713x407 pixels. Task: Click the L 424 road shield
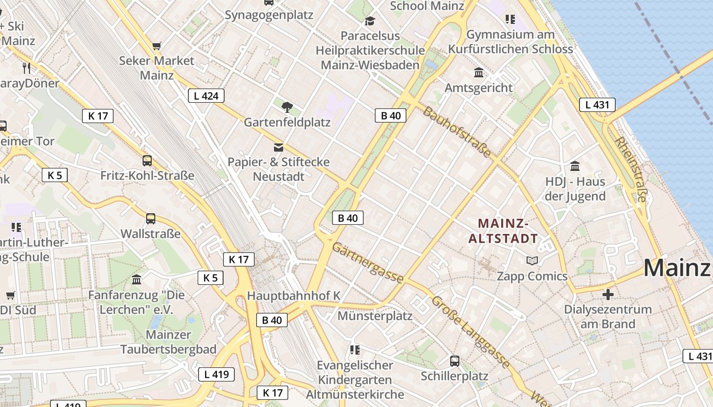click(x=206, y=95)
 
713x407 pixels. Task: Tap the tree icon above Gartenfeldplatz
click(x=287, y=107)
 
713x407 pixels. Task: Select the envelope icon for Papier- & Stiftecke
click(x=279, y=148)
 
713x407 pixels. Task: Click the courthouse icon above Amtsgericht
click(x=479, y=73)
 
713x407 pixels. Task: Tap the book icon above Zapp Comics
click(x=532, y=261)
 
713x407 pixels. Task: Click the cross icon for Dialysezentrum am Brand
click(x=608, y=294)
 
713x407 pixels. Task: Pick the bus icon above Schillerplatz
click(x=455, y=361)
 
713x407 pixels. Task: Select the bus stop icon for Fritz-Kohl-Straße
click(x=147, y=161)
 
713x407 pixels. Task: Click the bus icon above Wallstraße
click(x=151, y=219)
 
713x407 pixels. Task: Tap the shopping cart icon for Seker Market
click(x=157, y=46)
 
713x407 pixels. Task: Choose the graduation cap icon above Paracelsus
click(x=369, y=21)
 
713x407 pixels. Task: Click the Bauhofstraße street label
click(x=457, y=132)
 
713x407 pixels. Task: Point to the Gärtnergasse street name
click(x=368, y=263)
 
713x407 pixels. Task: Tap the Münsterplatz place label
click(x=375, y=316)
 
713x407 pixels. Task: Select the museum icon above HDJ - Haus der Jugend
click(x=575, y=166)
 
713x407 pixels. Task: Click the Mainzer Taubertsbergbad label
click(x=168, y=342)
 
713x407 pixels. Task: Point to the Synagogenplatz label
click(x=269, y=15)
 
